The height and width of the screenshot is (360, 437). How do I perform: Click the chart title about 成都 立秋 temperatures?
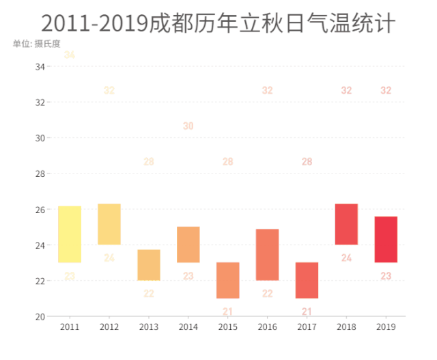[x=218, y=24]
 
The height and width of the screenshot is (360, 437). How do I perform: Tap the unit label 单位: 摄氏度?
[x=36, y=44]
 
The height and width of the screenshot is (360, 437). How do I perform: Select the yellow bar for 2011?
[x=70, y=234]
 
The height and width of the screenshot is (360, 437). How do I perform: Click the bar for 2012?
[x=109, y=224]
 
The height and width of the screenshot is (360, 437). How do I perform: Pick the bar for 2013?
[x=149, y=265]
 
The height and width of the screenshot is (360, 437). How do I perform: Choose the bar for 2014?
[x=188, y=245]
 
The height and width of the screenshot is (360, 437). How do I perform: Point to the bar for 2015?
[x=228, y=280]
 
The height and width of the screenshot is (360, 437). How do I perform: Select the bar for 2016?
[x=268, y=255]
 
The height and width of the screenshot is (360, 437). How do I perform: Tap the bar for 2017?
[x=307, y=280]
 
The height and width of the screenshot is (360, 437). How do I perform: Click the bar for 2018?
[x=346, y=224]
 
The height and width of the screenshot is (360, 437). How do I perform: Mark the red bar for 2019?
[x=386, y=239]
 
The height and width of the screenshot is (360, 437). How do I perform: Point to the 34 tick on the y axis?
[x=40, y=67]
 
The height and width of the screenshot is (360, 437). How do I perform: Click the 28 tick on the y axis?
[x=40, y=174]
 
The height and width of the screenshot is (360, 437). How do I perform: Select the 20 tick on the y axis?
[x=40, y=316]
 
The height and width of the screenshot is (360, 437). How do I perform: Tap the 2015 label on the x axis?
[x=228, y=328]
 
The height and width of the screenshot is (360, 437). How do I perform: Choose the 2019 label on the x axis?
[x=386, y=328]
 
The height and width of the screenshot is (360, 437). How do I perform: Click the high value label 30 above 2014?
[x=188, y=126]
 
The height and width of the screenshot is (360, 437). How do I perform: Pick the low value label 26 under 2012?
[x=109, y=258]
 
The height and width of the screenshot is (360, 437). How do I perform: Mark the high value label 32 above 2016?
[x=268, y=90]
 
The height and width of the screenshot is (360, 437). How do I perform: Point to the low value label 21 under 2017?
[x=307, y=311]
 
